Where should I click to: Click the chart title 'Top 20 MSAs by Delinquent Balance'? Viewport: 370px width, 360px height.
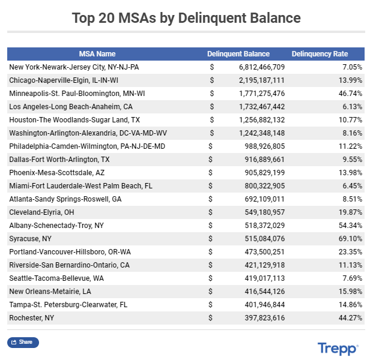(186, 17)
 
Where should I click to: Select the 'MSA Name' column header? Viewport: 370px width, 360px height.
(97, 54)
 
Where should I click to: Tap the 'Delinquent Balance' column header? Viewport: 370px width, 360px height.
(238, 54)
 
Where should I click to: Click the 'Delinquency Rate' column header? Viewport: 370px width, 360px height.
(320, 54)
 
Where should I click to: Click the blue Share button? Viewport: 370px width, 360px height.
(23, 343)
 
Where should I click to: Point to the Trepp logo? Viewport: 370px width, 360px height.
(338, 348)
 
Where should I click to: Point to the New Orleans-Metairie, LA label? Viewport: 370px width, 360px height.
(50, 292)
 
